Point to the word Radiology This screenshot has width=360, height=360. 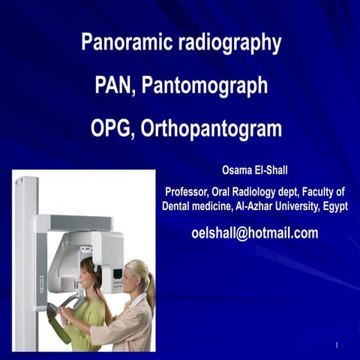262,193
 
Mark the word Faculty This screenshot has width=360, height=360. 321,193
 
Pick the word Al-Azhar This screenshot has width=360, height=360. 259,206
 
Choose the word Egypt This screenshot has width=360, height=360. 335,206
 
